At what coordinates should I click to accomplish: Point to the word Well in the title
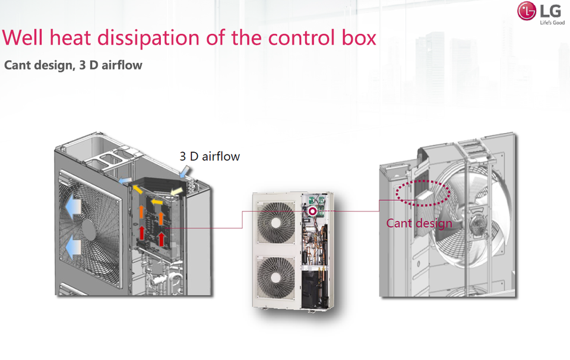tap(22, 37)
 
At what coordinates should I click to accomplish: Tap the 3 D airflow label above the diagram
tap(210, 156)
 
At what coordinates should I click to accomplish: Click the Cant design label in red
tap(419, 223)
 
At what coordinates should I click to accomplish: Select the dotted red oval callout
tap(422, 193)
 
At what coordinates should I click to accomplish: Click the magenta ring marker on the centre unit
tap(312, 210)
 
